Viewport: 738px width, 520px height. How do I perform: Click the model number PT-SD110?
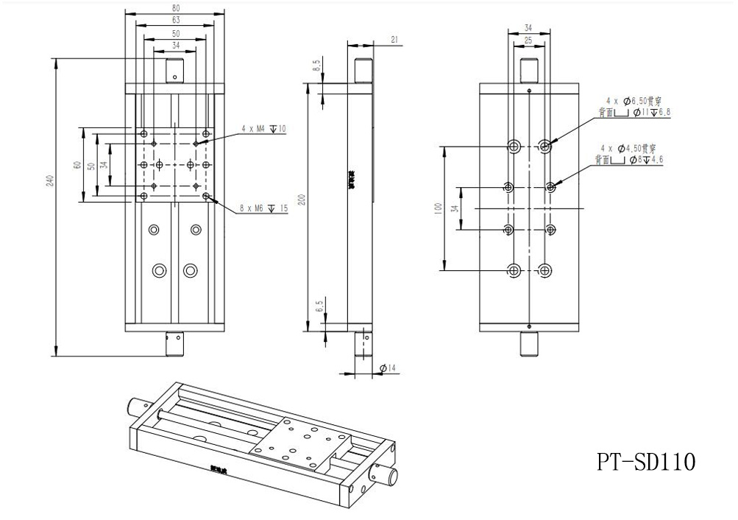tap(645, 462)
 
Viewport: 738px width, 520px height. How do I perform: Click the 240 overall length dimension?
tap(49, 180)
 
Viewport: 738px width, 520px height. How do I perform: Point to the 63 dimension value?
tap(174, 21)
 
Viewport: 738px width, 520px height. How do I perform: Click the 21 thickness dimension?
tap(394, 41)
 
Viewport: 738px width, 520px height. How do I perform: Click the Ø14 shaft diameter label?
tap(388, 368)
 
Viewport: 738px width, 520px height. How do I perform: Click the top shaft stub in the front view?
tap(174, 70)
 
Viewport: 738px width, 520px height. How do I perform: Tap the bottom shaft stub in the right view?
tap(529, 342)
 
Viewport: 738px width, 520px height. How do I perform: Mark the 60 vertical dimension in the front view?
tap(77, 165)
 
